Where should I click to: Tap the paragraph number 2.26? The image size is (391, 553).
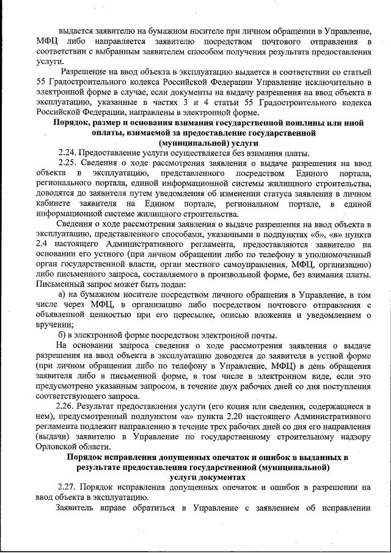[66, 406]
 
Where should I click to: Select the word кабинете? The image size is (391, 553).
[54, 203]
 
